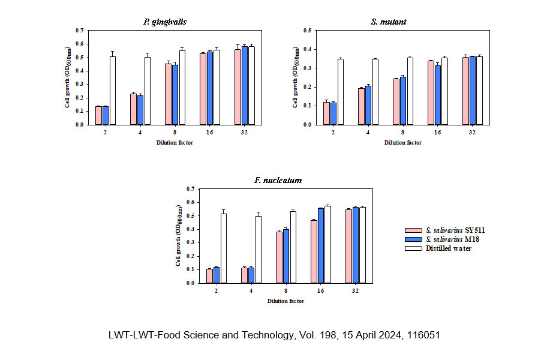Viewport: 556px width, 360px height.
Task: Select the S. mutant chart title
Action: click(x=390, y=22)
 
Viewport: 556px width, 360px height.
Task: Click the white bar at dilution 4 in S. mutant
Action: click(x=375, y=92)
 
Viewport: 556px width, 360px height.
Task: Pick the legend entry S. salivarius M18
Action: click(x=446, y=239)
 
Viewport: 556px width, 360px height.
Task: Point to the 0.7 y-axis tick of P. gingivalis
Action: click(x=80, y=30)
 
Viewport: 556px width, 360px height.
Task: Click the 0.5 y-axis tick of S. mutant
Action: click(x=306, y=30)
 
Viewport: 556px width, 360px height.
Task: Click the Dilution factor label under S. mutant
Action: click(x=403, y=143)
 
